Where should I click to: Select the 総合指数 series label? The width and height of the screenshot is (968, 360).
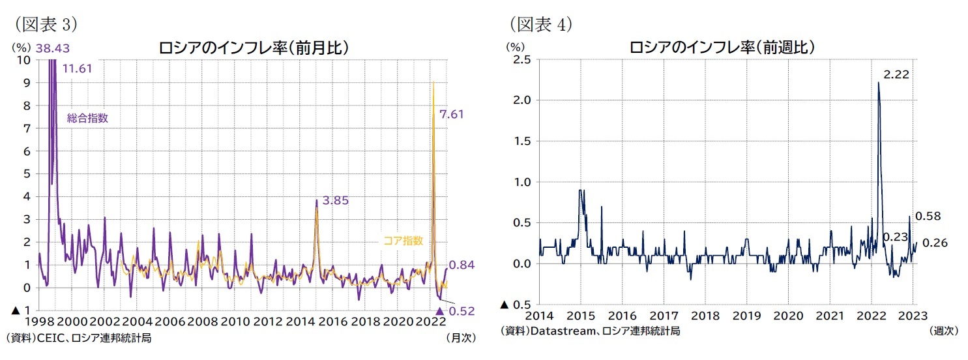tap(87, 118)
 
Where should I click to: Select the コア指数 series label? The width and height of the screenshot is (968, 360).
tap(403, 241)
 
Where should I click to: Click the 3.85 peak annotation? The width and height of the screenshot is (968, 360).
tap(336, 200)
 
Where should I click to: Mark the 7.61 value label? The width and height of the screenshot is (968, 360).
tap(452, 114)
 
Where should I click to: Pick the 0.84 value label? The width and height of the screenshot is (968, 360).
tap(462, 265)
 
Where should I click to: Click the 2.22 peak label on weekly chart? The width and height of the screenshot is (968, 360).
tap(896, 75)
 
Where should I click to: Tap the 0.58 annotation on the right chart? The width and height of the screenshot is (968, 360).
tap(928, 216)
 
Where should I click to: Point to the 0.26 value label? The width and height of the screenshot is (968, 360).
tap(934, 243)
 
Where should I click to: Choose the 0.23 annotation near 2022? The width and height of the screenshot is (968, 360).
tap(895, 237)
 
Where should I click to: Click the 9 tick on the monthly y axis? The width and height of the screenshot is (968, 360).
tap(26, 83)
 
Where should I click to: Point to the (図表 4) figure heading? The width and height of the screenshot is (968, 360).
tap(540, 24)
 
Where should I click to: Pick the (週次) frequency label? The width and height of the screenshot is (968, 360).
tap(943, 331)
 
